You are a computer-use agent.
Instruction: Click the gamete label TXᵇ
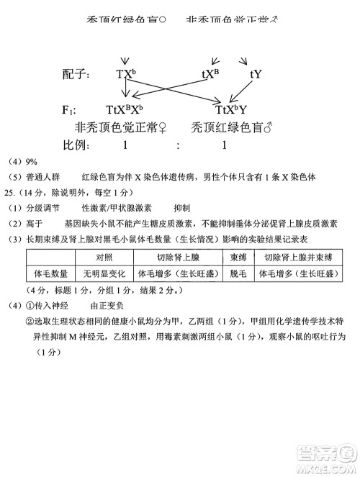[x=125, y=74]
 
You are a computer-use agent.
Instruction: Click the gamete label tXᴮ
[x=210, y=74]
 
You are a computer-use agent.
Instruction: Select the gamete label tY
[x=256, y=74]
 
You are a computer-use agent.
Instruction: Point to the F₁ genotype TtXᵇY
[x=231, y=110]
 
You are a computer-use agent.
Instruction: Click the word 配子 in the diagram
[x=76, y=74]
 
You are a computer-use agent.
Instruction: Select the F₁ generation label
[x=69, y=111]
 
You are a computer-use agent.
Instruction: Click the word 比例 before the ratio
[x=76, y=145]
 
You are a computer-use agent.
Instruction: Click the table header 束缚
[x=238, y=258]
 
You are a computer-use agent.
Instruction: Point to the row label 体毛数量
[x=51, y=274]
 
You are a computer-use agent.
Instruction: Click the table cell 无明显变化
[x=104, y=274]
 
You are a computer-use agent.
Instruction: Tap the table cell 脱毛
[x=238, y=274]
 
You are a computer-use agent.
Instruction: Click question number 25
[x=10, y=193]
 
